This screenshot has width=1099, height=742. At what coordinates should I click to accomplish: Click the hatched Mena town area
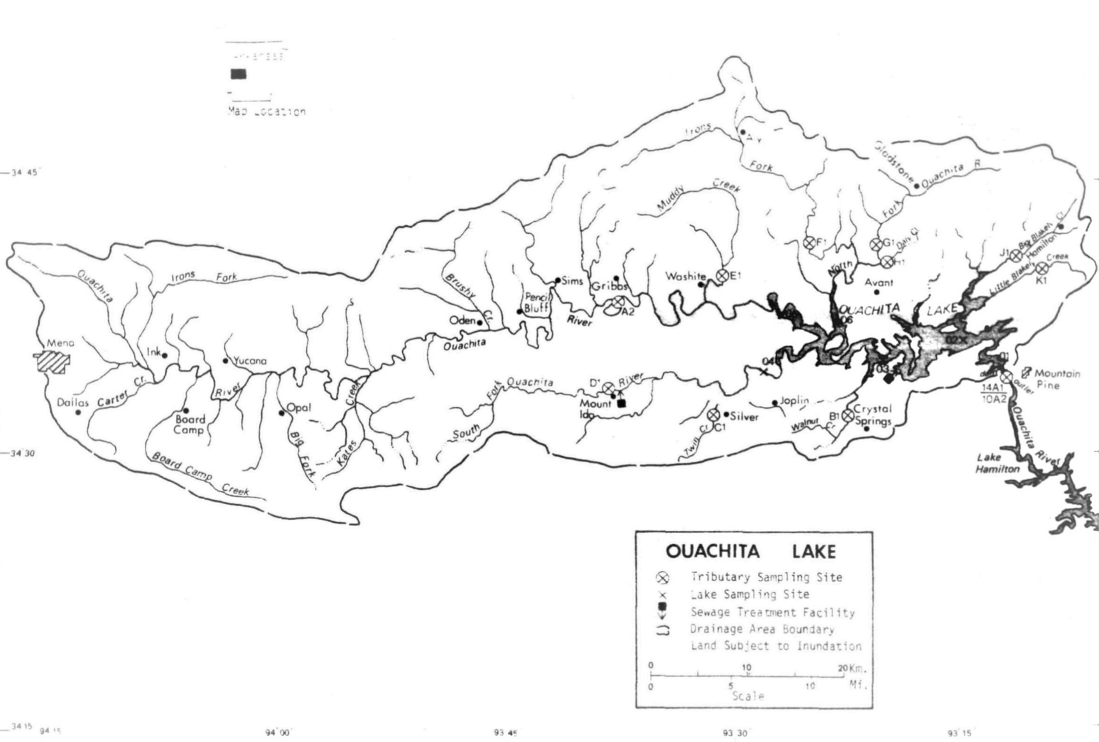(x=52, y=361)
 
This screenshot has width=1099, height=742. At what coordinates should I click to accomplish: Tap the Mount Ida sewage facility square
(x=622, y=403)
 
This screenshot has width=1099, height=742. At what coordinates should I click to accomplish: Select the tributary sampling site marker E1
(x=722, y=275)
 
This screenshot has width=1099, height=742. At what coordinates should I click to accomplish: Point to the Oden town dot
(x=479, y=322)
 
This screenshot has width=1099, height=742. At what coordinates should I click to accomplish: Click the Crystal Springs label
(x=872, y=414)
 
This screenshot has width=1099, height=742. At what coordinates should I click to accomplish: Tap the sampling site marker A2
(x=618, y=302)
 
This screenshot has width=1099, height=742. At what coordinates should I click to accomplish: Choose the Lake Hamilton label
(x=997, y=463)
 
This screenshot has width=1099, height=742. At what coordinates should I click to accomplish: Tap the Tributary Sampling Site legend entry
(x=766, y=577)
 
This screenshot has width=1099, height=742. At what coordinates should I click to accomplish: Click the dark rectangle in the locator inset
(x=238, y=75)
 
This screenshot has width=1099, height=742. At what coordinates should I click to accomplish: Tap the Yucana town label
(x=249, y=361)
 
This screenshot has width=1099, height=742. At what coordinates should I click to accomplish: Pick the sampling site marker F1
(x=809, y=242)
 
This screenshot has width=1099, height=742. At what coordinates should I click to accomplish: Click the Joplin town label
(x=794, y=400)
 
